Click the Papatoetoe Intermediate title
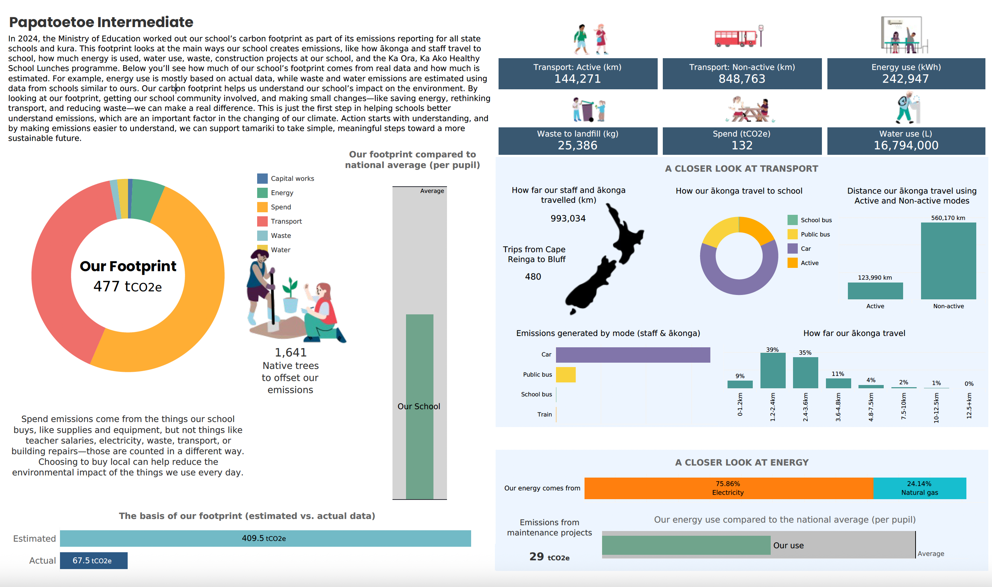(101, 22)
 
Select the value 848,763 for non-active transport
(742, 79)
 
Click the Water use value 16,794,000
(905, 146)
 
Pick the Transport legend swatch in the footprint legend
(262, 221)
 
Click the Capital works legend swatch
(262, 178)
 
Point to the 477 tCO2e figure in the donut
(128, 287)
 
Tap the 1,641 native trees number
(290, 352)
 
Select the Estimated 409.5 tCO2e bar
(265, 538)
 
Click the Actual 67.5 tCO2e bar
(93, 561)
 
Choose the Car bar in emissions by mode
(632, 355)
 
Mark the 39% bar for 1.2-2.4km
(773, 371)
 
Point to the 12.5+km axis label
(969, 405)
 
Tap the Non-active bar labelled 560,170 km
(948, 261)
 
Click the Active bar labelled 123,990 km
(875, 291)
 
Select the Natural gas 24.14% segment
(919, 488)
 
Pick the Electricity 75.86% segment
(728, 488)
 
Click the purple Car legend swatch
(792, 248)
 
